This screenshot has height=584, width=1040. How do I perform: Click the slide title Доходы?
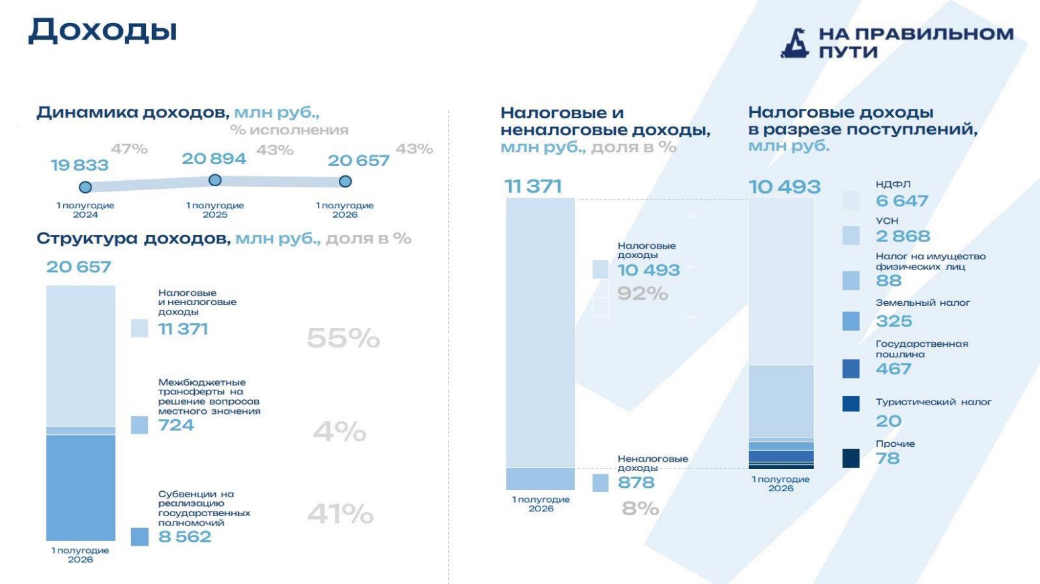(x=103, y=31)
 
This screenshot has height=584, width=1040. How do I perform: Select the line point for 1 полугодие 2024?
(x=85, y=187)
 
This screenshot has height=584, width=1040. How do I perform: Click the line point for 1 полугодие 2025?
(x=215, y=180)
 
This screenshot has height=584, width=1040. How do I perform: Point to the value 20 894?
(x=214, y=159)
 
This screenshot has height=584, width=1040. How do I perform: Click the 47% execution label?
(x=129, y=149)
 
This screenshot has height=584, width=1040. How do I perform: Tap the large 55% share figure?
(x=343, y=338)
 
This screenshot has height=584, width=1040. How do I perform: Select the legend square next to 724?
(x=139, y=425)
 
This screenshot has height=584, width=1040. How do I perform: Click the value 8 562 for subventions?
(x=185, y=537)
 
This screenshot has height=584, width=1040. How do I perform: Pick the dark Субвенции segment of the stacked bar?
(x=81, y=487)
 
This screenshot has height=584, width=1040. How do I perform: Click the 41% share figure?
(x=340, y=514)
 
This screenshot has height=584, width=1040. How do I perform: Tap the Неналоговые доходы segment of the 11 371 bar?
(x=541, y=478)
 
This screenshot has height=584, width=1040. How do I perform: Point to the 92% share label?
(x=643, y=294)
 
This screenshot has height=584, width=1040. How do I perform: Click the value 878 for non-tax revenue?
(x=636, y=483)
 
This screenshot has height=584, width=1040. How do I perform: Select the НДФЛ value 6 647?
(x=902, y=201)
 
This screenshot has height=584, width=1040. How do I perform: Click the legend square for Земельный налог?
(x=851, y=321)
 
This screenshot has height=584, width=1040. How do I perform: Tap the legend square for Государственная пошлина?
(x=851, y=369)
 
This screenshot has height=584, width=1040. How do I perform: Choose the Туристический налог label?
(x=933, y=402)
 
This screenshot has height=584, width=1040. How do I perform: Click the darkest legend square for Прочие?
(x=851, y=458)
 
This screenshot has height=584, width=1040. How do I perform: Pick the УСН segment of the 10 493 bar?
(x=781, y=401)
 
